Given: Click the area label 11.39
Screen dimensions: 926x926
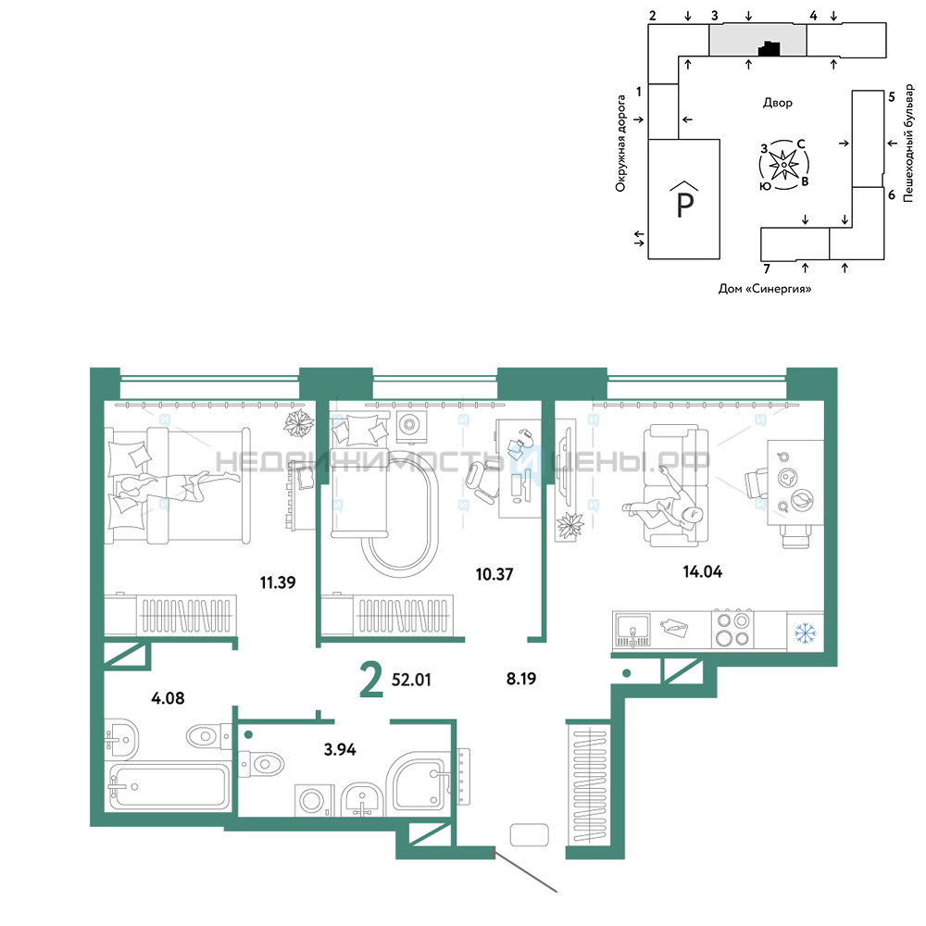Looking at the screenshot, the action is coord(278,582).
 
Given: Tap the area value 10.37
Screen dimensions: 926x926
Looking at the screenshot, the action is coord(494,574).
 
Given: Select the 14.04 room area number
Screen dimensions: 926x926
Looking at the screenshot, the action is coord(702,571).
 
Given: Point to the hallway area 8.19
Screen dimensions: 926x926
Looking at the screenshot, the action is coord(520,679).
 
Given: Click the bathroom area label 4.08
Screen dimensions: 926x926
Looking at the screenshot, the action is coord(168,698).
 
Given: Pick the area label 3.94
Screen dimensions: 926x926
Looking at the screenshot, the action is coord(340,749).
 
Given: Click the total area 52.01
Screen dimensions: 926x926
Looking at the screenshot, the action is coord(411,680).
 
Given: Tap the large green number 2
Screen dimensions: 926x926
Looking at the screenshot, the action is coord(371,680).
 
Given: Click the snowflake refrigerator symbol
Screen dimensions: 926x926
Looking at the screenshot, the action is coord(805,633).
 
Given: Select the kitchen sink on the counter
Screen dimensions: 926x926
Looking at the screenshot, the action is coord(632,631).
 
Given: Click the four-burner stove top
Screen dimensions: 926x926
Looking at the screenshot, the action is coord(732,630).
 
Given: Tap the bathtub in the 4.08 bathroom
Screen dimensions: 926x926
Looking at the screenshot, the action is coord(168,786).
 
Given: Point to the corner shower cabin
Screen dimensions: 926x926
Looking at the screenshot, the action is coord(419,782).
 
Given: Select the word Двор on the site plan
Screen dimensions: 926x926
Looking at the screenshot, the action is coord(777,103).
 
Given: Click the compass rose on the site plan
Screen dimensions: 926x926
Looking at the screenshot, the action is coord(783,165).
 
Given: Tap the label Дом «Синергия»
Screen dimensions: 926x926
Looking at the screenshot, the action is coord(765,289).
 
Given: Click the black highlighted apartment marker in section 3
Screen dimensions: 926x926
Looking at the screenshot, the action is coord(769,48).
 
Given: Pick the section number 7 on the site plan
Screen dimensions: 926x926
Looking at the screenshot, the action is coord(767,269).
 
